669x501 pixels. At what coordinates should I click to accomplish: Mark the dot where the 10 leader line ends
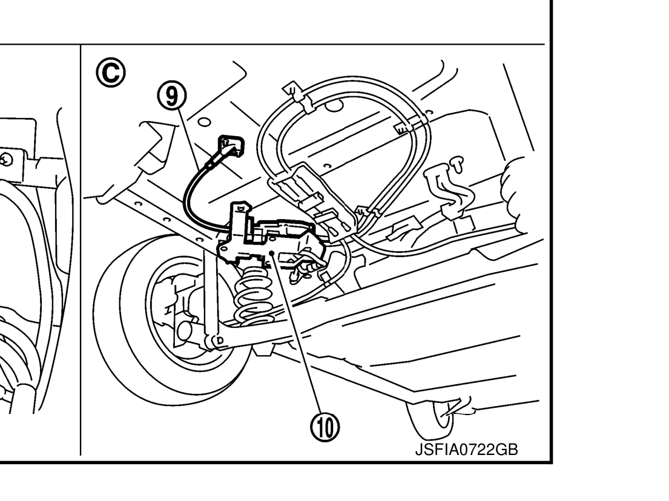pyautogui.click(x=274, y=251)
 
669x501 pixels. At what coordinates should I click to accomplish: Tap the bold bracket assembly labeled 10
pyautogui.click(x=266, y=236)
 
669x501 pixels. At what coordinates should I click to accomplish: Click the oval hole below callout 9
pyautogui.click(x=204, y=120)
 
